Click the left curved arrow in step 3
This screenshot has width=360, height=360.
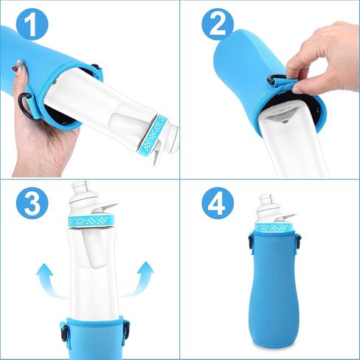pyautogui.click(x=46, y=283)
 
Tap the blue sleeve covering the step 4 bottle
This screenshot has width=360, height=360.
pyautogui.click(x=274, y=288)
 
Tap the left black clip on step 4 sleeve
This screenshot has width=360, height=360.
pyautogui.click(x=250, y=240)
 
